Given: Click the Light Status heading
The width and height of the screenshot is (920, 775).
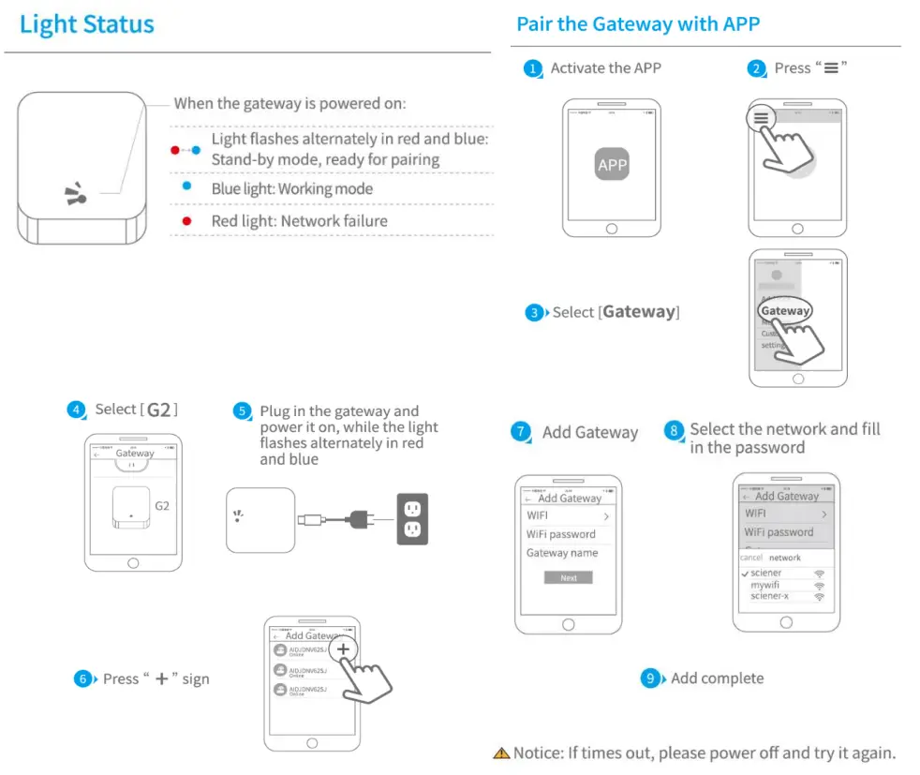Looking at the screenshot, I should (x=86, y=24).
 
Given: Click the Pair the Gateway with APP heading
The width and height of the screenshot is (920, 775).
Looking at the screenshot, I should (x=637, y=23).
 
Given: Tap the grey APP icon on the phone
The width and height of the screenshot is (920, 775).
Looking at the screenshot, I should (x=612, y=165).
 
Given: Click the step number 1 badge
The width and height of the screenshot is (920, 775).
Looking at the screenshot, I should (x=533, y=68).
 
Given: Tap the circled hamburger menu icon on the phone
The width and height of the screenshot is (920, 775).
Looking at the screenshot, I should (x=761, y=119).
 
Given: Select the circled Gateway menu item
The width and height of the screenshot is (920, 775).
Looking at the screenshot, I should (x=785, y=311).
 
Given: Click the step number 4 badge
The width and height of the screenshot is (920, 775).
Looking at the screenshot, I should (x=76, y=410).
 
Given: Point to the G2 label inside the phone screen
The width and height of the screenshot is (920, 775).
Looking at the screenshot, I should (x=162, y=505).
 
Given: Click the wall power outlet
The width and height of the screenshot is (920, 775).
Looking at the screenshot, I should (x=411, y=518).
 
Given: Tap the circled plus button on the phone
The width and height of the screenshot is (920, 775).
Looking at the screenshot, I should (x=344, y=648).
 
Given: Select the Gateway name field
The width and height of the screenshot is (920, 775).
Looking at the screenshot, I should (x=562, y=553).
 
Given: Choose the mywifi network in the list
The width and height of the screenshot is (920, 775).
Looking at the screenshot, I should (x=764, y=585).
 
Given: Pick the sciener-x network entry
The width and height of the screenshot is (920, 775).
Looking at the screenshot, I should (x=769, y=596).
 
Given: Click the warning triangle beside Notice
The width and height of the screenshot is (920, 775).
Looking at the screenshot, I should (x=501, y=753).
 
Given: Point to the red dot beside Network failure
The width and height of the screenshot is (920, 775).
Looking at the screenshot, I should (x=187, y=221).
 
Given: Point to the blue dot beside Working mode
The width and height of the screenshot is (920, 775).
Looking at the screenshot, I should (x=187, y=186).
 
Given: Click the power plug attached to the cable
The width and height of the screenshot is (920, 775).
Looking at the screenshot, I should (x=361, y=517).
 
